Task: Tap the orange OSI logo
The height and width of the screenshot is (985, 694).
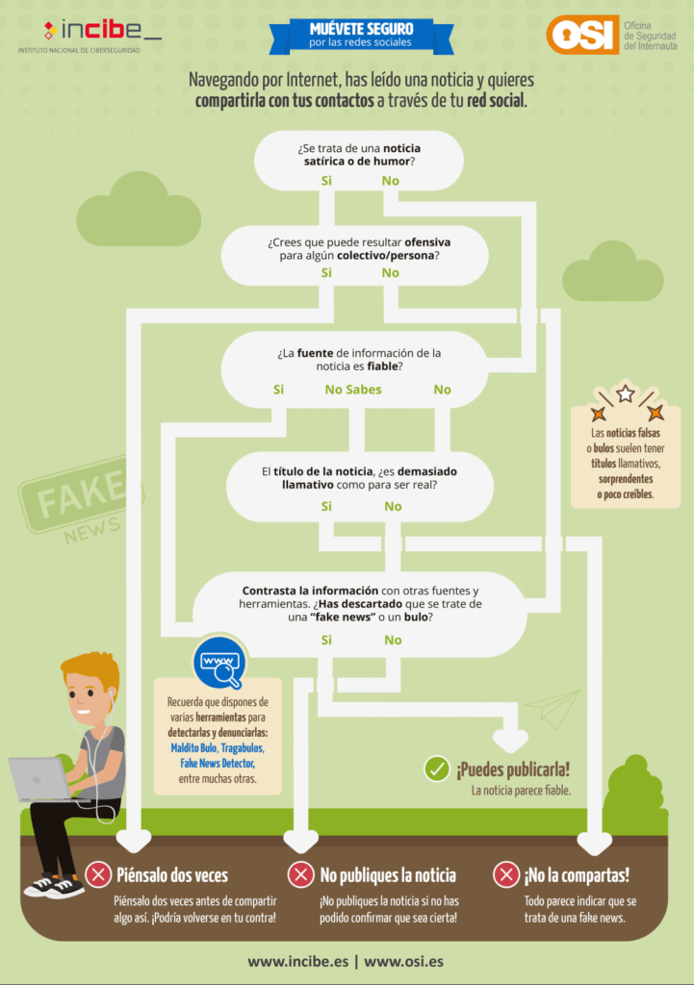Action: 582,35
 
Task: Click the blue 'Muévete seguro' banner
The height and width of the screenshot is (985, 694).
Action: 361,36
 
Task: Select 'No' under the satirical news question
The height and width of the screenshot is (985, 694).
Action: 391,181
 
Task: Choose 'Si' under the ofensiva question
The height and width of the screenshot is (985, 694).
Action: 326,272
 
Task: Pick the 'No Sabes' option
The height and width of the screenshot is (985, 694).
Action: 353,390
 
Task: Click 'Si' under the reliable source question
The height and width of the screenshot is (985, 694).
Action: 278,390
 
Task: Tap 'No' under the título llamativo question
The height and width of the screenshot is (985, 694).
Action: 393,506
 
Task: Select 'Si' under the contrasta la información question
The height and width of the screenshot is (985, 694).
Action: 326,640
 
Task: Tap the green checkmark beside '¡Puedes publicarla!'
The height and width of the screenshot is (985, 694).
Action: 437,769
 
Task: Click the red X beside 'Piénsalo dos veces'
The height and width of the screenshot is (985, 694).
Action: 98,874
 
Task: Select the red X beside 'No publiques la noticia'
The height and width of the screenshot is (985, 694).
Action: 300,874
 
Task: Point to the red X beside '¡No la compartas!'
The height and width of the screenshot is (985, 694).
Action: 505,874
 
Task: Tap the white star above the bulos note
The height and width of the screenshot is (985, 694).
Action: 626,393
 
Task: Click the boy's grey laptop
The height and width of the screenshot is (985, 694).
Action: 41,779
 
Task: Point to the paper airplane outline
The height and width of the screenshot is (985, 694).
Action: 553,709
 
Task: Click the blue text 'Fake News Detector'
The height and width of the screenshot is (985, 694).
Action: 218,763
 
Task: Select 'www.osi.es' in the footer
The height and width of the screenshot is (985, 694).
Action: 403,962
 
